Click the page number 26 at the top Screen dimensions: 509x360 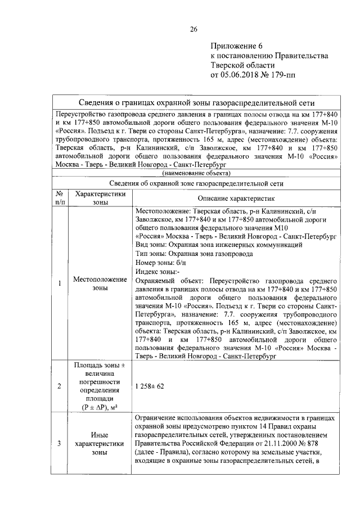coord(193,29)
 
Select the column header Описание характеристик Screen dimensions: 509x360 coord(235,198)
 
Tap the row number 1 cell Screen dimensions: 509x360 coord(60,283)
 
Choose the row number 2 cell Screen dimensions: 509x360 coord(60,387)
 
